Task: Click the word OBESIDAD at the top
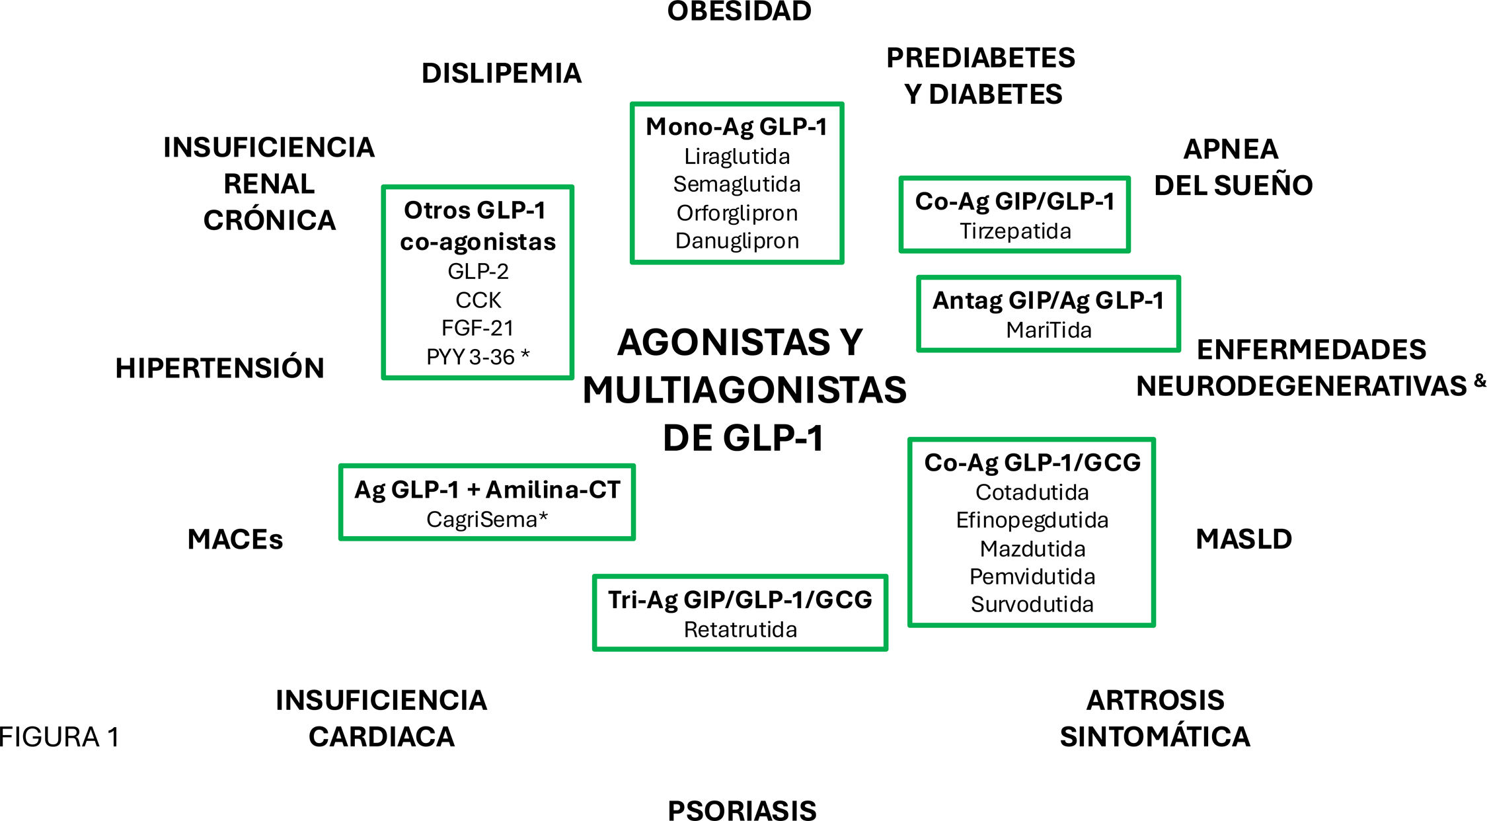[x=739, y=11]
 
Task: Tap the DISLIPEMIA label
[x=502, y=73]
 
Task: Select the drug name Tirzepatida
[x=1015, y=231]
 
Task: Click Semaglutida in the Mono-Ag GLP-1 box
[x=737, y=184]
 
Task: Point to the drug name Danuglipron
[x=737, y=241]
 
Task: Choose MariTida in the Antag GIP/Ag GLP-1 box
[x=1049, y=330]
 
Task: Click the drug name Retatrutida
[x=740, y=629]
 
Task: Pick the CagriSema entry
[x=486, y=520]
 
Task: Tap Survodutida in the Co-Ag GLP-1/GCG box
[x=1032, y=604]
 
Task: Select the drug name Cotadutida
[x=1032, y=492]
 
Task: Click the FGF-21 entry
[x=477, y=328]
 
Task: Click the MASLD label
[x=1244, y=539]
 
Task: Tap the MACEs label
[x=235, y=539]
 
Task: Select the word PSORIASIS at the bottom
[x=742, y=810]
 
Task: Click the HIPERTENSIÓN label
[x=220, y=368]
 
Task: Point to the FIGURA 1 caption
[x=59, y=737]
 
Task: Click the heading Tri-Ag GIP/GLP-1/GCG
[x=740, y=600]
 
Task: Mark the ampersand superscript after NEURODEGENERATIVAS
[x=1480, y=380]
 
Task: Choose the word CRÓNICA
[x=270, y=220]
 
